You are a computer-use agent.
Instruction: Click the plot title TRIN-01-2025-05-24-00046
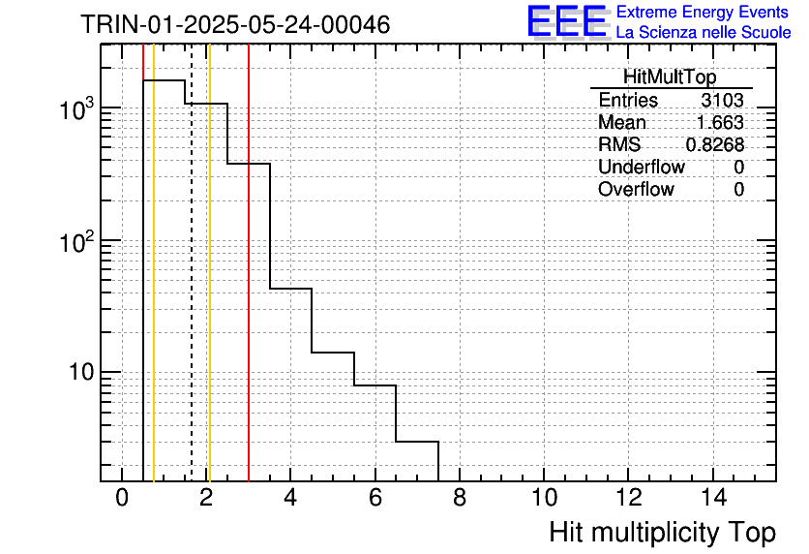tap(235, 24)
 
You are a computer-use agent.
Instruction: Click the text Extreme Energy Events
tap(703, 12)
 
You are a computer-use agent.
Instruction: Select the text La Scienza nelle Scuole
tap(704, 32)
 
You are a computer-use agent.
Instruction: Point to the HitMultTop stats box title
tap(670, 77)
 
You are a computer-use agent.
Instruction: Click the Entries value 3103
tap(722, 100)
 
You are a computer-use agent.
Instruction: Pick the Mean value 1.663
tap(720, 122)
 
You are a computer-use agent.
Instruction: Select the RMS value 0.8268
tap(715, 145)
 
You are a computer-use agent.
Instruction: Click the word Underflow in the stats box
tap(642, 167)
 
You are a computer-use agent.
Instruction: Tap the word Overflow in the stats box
tap(636, 189)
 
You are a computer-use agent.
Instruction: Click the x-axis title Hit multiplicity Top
tap(663, 533)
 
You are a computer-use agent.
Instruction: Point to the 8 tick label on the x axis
tap(460, 498)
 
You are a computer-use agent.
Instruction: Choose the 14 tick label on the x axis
tap(713, 498)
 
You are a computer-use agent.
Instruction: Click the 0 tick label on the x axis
tap(122, 498)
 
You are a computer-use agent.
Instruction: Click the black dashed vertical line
tap(192, 262)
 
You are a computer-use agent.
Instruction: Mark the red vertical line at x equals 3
tap(249, 262)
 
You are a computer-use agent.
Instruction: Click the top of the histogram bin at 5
tap(333, 353)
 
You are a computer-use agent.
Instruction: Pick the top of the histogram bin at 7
tap(417, 442)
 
